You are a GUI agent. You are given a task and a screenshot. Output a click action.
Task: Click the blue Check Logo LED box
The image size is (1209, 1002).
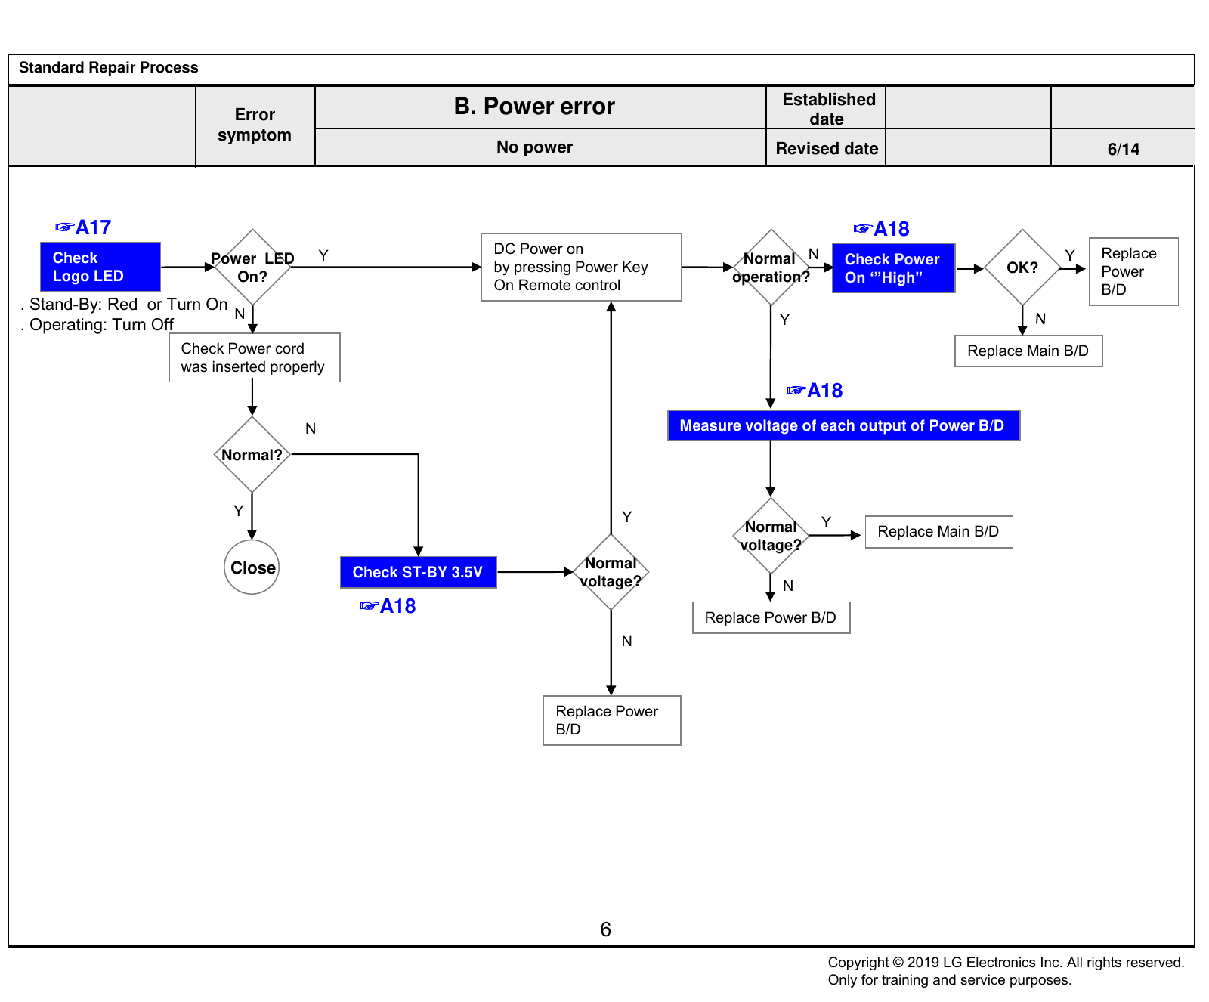(x=100, y=267)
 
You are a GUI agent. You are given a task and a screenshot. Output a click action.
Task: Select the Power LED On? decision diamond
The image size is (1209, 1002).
(x=252, y=267)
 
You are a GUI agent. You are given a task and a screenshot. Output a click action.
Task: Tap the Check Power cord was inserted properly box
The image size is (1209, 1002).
(x=255, y=357)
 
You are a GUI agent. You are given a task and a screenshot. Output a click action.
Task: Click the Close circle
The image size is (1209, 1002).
(x=252, y=567)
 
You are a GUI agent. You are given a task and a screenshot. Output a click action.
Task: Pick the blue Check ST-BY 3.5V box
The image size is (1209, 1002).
(x=419, y=572)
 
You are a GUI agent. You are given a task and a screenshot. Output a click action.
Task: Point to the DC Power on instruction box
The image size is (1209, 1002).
(x=582, y=267)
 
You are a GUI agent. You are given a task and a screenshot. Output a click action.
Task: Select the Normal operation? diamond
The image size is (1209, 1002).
(x=771, y=268)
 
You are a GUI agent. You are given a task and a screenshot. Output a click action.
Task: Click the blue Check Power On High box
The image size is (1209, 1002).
(x=894, y=268)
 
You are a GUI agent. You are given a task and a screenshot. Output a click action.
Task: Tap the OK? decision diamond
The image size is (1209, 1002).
(x=1022, y=268)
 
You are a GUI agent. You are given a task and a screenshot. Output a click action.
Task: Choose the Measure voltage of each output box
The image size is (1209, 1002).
(x=844, y=425)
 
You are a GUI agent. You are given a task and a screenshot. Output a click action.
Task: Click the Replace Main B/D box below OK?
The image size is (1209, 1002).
(x=1028, y=351)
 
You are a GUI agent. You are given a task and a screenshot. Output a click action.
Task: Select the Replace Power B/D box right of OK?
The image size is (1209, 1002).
(x=1133, y=271)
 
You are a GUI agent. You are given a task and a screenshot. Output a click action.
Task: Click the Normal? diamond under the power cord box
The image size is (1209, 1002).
(x=252, y=454)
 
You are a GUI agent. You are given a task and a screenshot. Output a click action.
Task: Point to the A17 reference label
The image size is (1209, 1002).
(x=83, y=227)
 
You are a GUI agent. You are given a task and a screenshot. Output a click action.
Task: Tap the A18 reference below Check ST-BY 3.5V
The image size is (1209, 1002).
(x=388, y=606)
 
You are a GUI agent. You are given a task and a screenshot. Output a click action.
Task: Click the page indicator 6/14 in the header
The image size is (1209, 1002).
(x=1124, y=149)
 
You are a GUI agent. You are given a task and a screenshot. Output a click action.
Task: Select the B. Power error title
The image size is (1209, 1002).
(x=534, y=107)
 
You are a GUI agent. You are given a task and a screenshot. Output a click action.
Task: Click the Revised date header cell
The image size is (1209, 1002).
(x=827, y=148)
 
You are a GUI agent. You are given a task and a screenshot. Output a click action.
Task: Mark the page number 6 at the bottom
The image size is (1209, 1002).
(x=605, y=929)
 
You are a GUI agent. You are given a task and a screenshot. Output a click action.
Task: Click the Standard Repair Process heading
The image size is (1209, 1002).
(x=109, y=67)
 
